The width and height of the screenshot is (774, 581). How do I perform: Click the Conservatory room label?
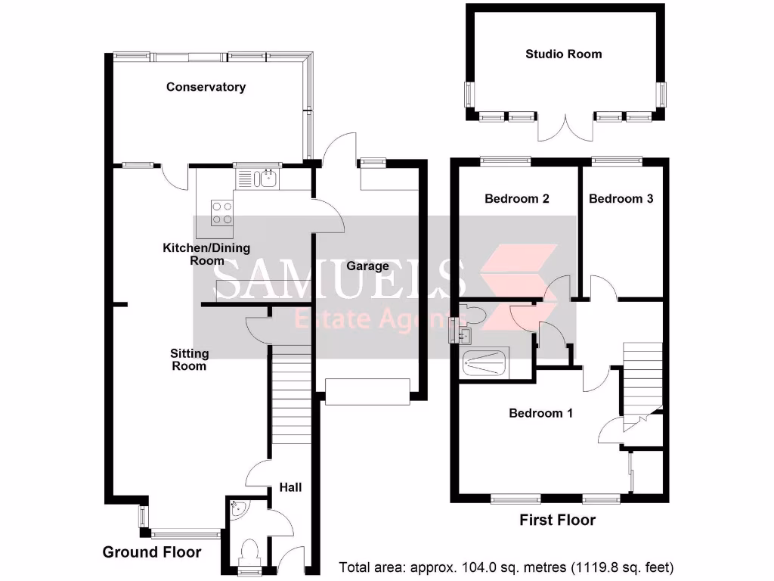coord(206,87)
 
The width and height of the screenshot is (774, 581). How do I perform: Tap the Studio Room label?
coord(564,54)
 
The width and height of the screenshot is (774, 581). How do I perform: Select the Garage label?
coord(368,266)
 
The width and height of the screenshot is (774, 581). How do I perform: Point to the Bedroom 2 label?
coord(516,199)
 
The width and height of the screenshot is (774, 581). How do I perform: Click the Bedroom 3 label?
coord(621,199)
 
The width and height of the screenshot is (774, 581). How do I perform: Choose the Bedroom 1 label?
coord(540,413)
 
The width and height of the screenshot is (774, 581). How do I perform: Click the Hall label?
coord(290,487)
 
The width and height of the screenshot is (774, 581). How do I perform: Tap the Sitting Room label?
coord(189,359)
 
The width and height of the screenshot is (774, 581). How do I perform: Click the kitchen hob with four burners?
coord(221,212)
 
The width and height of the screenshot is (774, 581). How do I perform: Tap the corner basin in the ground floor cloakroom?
coord(237,509)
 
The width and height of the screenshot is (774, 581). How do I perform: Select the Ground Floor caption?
coord(152,552)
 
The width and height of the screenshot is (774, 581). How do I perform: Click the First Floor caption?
coord(557,520)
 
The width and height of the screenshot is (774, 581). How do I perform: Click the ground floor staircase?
coord(291,401)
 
